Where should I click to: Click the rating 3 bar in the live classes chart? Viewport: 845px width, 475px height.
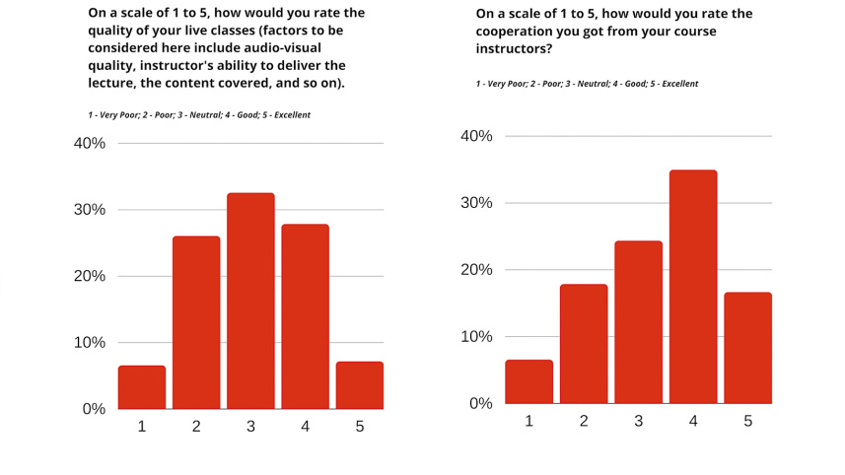click(250, 301)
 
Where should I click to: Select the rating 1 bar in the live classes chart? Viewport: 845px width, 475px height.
click(142, 387)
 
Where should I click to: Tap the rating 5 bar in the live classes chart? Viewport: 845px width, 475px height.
click(360, 385)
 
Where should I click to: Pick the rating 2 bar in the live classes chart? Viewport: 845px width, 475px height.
click(196, 322)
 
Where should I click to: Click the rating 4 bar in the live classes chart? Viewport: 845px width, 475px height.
click(306, 316)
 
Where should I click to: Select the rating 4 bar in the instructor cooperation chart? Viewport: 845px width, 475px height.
click(693, 287)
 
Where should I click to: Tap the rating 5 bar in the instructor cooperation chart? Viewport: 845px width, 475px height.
click(748, 348)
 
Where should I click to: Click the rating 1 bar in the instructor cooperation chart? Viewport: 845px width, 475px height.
click(529, 381)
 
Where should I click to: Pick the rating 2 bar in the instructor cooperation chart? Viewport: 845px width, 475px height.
click(584, 344)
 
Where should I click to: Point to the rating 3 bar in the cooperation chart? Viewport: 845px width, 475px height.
click(639, 322)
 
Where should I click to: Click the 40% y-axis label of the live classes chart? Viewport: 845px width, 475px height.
click(90, 144)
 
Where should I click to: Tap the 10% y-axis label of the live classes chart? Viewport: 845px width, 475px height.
click(90, 343)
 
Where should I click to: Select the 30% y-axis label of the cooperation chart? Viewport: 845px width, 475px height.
click(476, 203)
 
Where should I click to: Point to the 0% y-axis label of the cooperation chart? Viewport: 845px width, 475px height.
click(480, 403)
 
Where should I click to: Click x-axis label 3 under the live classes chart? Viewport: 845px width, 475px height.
click(250, 427)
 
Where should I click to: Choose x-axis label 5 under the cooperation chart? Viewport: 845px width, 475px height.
click(748, 421)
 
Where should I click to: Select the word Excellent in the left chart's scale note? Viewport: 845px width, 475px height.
click(292, 115)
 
